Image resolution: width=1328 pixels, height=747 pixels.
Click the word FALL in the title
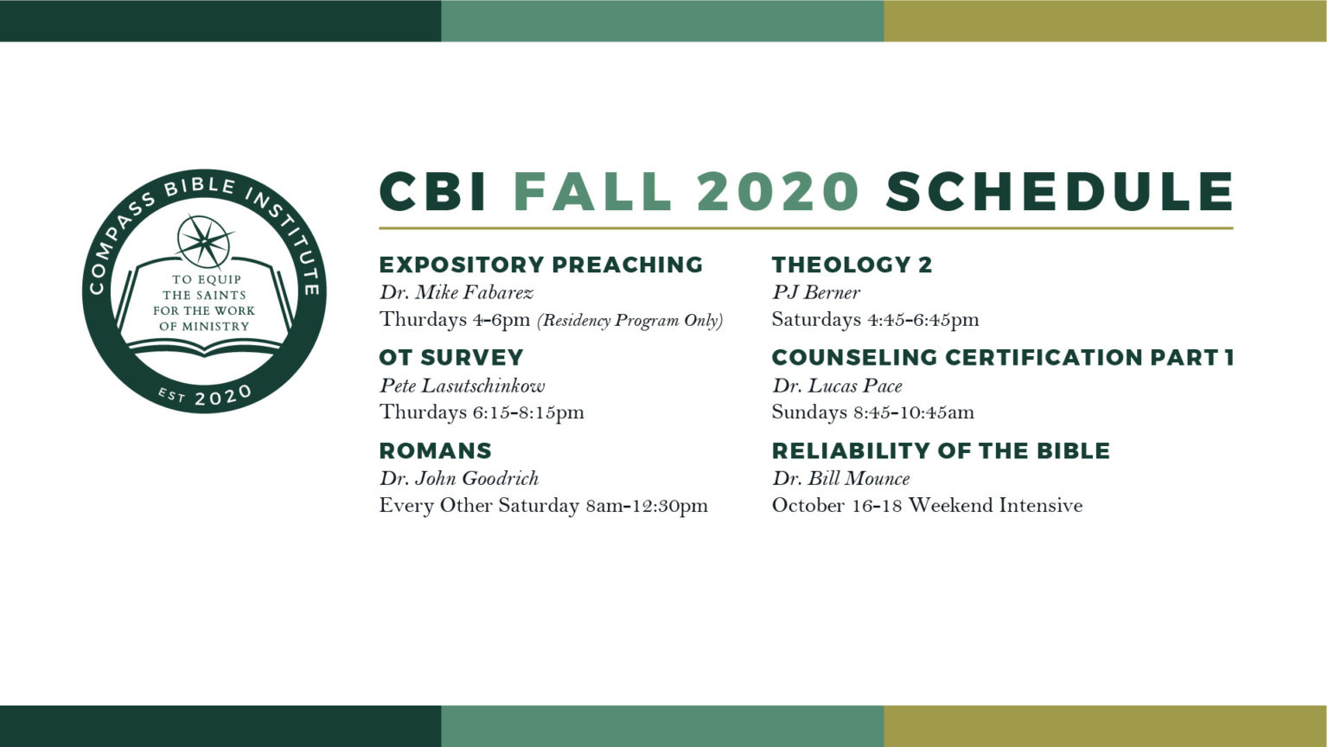coord(592,191)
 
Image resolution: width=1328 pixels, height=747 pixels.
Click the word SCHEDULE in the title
coord(1059,191)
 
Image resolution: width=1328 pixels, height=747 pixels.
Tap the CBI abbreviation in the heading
coord(433,191)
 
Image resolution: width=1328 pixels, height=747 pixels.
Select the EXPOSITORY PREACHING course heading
coord(541,265)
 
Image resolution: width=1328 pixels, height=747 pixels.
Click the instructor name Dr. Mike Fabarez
coord(456,292)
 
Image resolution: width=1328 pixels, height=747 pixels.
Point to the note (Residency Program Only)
coord(629,320)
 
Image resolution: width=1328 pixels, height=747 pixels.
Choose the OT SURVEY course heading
coord(451,357)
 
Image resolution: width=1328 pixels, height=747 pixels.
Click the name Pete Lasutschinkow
coord(462,386)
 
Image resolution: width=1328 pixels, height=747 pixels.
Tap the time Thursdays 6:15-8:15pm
coord(482,412)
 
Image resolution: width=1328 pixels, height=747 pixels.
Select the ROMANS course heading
coord(436,450)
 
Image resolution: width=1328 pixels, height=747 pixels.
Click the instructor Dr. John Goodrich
coord(459,478)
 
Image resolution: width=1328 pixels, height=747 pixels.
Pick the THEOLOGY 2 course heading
coord(852,265)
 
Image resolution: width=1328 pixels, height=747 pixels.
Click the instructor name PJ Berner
coord(815,292)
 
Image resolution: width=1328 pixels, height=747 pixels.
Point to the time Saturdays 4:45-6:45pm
coord(875,320)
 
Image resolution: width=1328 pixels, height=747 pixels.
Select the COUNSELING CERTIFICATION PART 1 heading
coord(1003,357)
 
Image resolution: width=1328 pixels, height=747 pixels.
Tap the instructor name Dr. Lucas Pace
coord(837,386)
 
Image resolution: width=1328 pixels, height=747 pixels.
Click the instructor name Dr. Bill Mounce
coord(840,478)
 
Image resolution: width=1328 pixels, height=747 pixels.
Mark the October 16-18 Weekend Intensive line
coord(927,505)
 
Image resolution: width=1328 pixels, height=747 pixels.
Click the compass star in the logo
coord(205,239)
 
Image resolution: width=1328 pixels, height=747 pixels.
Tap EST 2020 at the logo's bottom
coord(205,397)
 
